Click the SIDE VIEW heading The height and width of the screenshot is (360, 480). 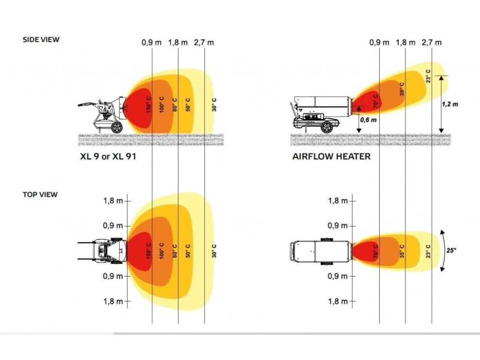(41, 39)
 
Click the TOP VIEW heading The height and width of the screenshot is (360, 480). (40, 194)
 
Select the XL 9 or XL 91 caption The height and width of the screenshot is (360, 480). (108, 156)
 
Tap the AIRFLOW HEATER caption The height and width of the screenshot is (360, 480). (332, 156)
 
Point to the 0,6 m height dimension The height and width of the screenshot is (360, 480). (368, 120)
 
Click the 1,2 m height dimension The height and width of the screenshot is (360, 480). (450, 104)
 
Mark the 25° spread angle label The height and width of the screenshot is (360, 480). (451, 250)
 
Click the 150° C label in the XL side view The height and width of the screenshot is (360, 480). (149, 104)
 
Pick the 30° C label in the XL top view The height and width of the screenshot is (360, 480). (214, 251)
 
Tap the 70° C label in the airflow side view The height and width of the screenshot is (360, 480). (376, 101)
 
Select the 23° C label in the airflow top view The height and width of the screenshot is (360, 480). (428, 251)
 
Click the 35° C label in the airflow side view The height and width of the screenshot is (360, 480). (402, 89)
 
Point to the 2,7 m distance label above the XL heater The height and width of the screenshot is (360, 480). (204, 43)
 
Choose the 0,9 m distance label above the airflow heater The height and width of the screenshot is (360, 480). (379, 43)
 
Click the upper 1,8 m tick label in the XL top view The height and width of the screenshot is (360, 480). (113, 201)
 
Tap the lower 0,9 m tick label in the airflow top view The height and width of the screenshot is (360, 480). (337, 276)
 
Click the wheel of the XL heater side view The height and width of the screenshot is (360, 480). (117, 127)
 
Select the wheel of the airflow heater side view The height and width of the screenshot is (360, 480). (326, 127)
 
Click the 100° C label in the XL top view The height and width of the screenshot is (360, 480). (162, 251)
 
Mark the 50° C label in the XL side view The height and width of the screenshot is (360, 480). (188, 104)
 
